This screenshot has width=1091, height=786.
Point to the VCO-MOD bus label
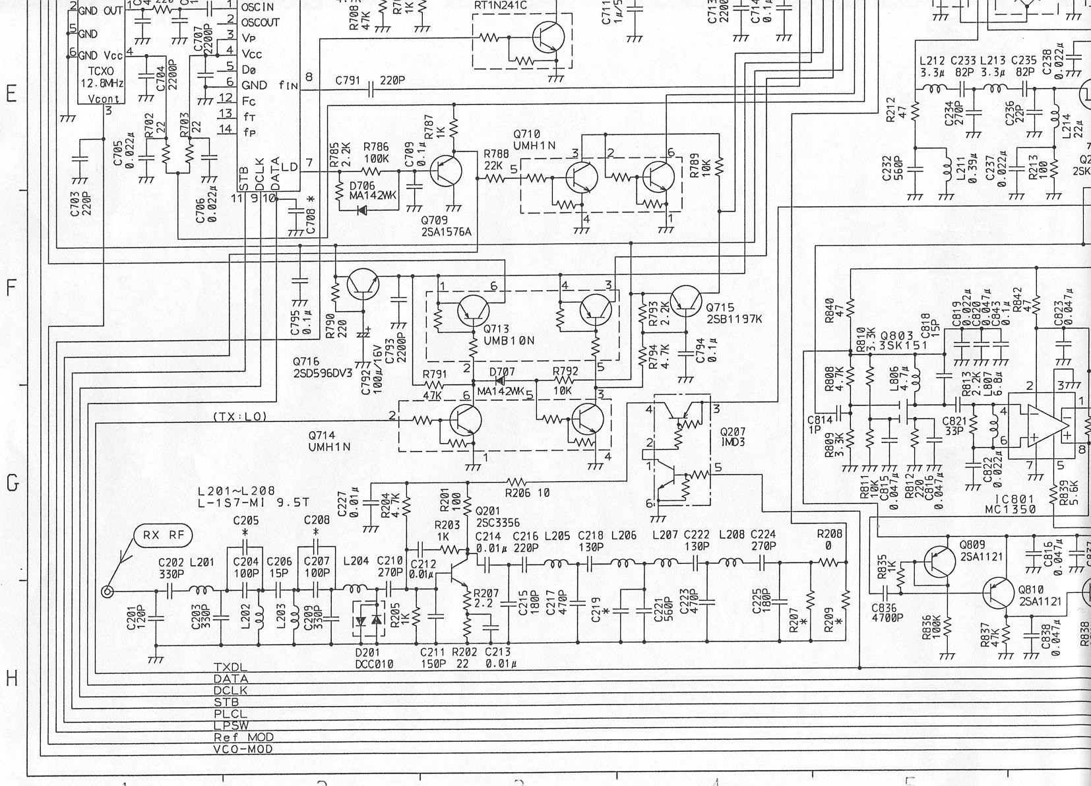click(x=243, y=748)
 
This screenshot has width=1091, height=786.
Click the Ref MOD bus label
click(x=243, y=737)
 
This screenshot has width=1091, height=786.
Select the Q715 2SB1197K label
click(x=733, y=313)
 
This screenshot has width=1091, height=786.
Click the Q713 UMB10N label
click(x=508, y=334)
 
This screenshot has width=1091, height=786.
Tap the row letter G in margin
click(x=11, y=483)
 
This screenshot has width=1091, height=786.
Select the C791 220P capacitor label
click(x=371, y=80)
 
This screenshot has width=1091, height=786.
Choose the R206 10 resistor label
click(x=527, y=493)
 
